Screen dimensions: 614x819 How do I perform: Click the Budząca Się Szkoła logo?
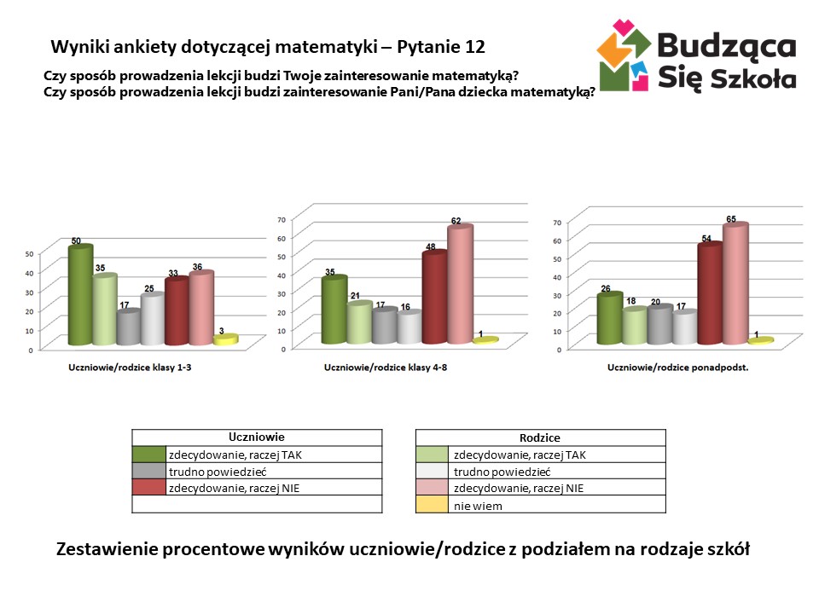pyautogui.click(x=695, y=55)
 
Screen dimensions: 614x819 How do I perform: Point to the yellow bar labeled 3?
pyautogui.click(x=224, y=339)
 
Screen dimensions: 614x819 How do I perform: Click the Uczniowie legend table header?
pyautogui.click(x=257, y=437)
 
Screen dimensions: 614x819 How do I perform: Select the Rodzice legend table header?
pyautogui.click(x=539, y=437)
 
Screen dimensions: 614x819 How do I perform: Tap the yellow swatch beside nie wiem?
pyautogui.click(x=431, y=505)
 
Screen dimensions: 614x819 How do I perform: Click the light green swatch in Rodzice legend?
pyautogui.click(x=431, y=454)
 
